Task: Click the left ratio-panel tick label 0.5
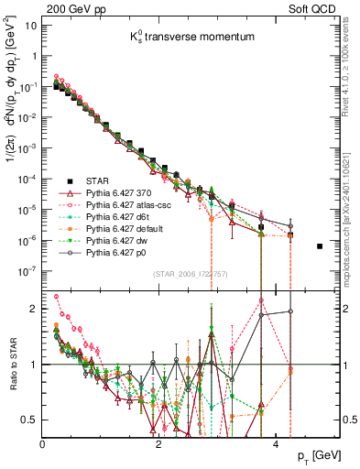click(30, 420)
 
